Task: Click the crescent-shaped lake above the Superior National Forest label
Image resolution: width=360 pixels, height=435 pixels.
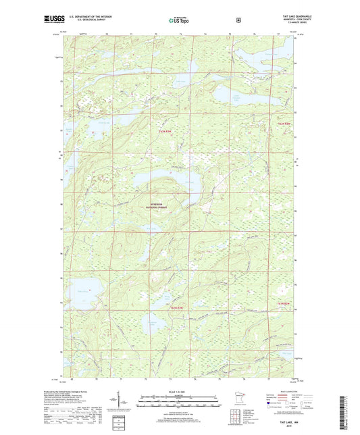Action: coord(162,181)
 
